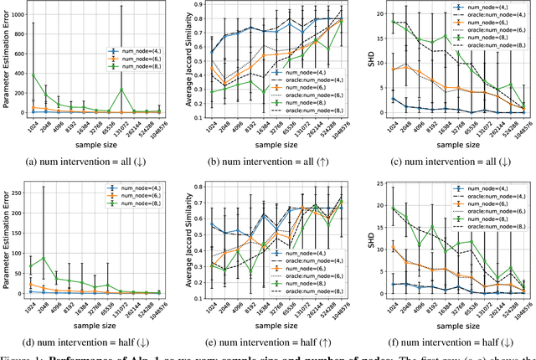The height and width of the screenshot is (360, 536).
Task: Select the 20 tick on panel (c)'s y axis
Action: coord(379,14)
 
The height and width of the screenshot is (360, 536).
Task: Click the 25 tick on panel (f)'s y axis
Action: coord(379,183)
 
